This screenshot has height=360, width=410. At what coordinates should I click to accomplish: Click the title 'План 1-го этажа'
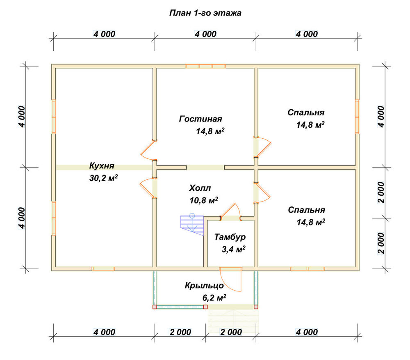(x=205, y=13)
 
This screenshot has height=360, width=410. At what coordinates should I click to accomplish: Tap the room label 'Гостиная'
(x=200, y=119)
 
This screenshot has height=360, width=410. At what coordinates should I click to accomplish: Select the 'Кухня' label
(x=102, y=166)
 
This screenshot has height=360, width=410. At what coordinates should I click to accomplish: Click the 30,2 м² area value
(x=104, y=178)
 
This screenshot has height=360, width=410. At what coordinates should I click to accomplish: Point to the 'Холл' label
(x=200, y=188)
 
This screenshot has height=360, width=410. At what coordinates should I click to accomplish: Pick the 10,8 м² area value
(x=204, y=200)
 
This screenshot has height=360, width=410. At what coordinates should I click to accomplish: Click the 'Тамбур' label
(x=230, y=237)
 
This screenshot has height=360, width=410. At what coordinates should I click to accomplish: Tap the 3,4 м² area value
(x=234, y=249)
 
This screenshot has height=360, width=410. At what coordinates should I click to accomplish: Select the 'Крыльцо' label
(x=204, y=285)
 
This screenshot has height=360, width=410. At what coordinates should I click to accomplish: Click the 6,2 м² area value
(x=214, y=298)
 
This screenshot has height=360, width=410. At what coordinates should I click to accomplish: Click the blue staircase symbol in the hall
(x=192, y=225)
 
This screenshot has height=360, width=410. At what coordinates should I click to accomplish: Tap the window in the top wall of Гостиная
(x=205, y=66)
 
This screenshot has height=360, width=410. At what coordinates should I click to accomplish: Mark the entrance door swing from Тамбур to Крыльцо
(x=230, y=280)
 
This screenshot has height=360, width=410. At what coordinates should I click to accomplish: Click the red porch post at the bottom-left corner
(x=155, y=307)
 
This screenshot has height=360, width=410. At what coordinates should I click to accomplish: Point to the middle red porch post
(x=205, y=307)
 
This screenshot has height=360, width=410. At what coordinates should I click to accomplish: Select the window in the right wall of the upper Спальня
(x=357, y=117)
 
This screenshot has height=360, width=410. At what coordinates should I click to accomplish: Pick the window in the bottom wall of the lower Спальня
(x=307, y=268)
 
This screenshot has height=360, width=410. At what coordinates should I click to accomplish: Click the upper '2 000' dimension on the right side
(x=381, y=193)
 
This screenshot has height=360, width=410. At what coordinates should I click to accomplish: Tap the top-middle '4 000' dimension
(x=205, y=34)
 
